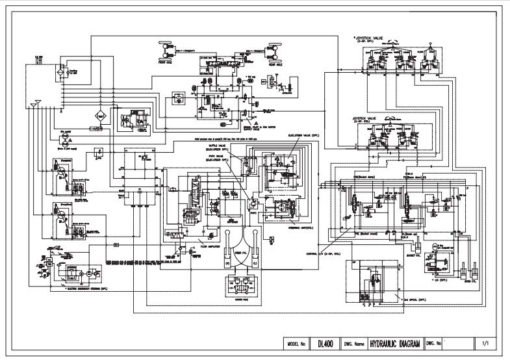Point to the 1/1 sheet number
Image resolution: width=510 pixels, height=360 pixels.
pos(486,342)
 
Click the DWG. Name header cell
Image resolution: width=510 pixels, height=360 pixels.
pos(351,342)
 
